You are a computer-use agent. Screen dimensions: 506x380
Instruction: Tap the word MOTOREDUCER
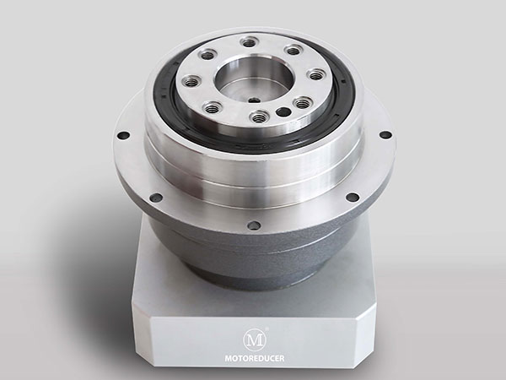click(255, 358)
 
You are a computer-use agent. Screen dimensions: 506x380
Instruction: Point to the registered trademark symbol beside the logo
click(266, 328)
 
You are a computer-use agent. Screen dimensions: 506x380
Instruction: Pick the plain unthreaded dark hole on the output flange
click(283, 112)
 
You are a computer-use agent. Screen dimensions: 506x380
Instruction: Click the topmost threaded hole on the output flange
click(248, 42)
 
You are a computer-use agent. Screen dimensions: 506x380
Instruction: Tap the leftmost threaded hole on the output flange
click(191, 80)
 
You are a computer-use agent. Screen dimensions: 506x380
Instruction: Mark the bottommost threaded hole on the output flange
click(260, 117)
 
